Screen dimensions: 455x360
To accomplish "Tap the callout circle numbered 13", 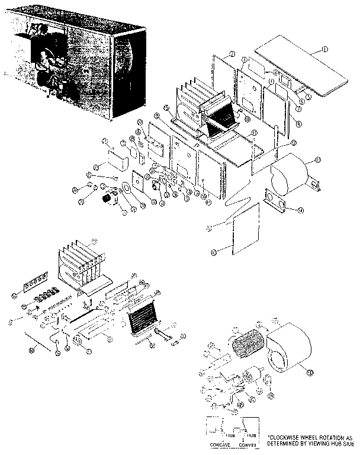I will click(x=318, y=159).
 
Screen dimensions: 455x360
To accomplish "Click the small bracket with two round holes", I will click(x=276, y=201).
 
